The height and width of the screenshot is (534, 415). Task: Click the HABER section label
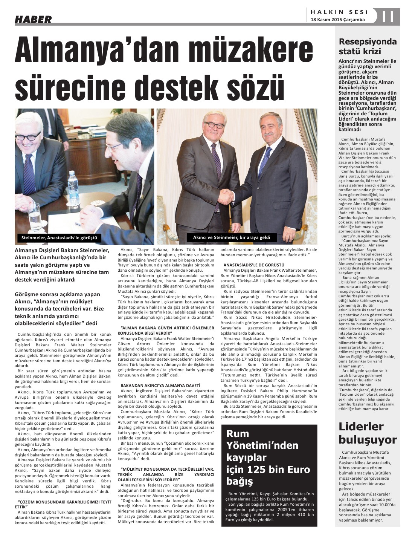coord(33,19)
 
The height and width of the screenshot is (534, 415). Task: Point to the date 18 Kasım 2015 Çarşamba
coord(338,20)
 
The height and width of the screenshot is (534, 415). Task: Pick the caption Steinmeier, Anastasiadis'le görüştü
coord(59,238)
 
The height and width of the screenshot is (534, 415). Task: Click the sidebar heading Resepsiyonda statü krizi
coord(367,46)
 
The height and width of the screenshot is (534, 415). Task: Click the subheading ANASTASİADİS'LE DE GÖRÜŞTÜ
coord(254,265)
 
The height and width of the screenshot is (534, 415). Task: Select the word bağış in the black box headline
coord(240,481)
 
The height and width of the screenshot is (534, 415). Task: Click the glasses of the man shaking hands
coord(214,125)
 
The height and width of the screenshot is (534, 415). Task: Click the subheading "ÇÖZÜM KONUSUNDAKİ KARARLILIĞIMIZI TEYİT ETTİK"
coord(64,504)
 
